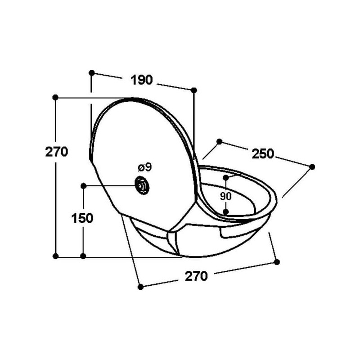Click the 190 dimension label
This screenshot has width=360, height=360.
tap(142, 80)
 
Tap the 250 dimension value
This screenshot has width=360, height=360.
tap(263, 154)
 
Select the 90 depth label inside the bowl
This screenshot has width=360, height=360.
tap(226, 196)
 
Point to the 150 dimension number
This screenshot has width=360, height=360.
tap(82, 218)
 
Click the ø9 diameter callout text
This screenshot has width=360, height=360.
tap(145, 167)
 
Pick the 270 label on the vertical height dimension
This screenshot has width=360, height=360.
tap(57, 152)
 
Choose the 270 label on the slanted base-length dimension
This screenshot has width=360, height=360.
tap(196, 276)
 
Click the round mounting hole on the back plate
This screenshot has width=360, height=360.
tap(142, 186)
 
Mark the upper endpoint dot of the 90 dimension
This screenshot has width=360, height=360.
tap(226, 177)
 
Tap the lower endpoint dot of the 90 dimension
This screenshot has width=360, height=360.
tap(226, 211)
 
